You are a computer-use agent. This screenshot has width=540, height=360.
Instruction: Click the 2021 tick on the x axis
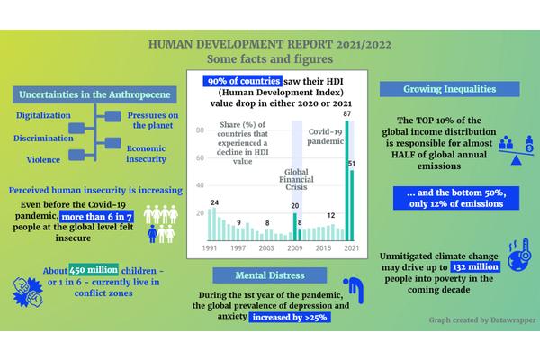[x=349, y=247]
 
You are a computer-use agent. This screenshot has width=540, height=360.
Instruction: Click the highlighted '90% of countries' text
[x=237, y=81]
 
